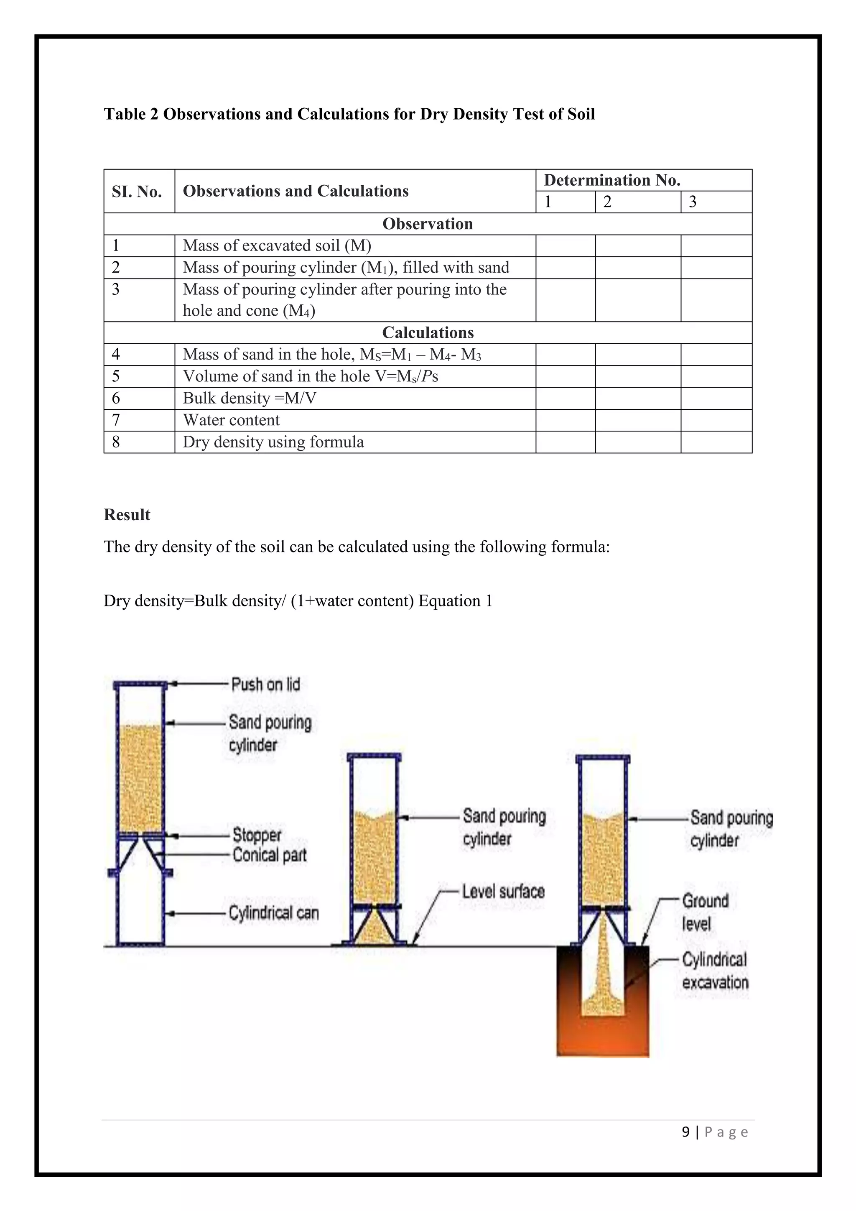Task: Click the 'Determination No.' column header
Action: click(611, 180)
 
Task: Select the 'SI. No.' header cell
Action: click(137, 192)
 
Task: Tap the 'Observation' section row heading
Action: click(428, 224)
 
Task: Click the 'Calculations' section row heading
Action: click(428, 333)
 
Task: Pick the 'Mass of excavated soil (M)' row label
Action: click(277, 246)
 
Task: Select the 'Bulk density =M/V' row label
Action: click(249, 398)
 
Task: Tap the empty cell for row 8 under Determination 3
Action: click(716, 442)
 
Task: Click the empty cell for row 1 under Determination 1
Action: click(565, 246)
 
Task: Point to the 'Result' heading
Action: click(127, 515)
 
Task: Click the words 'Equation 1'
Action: click(455, 601)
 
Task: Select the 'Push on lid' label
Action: click(266, 685)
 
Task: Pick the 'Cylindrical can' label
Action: click(274, 913)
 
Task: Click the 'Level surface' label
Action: click(503, 892)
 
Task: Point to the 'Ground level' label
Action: click(705, 912)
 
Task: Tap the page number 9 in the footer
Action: click(685, 1132)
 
